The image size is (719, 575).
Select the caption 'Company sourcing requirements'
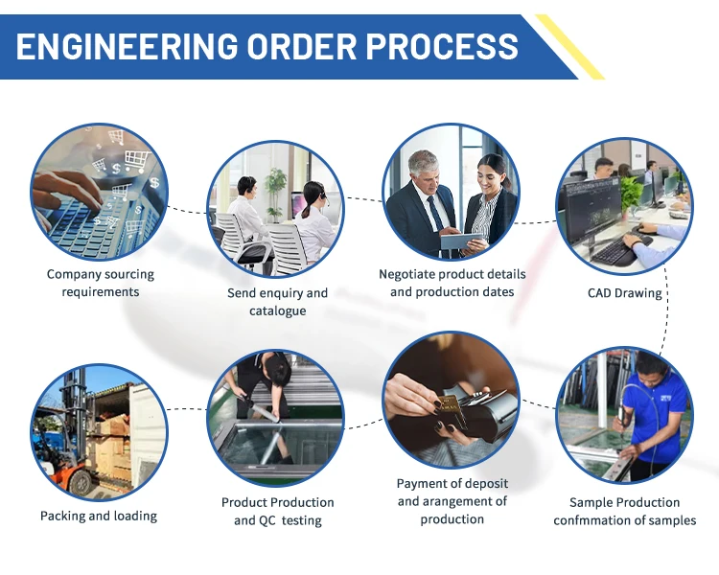(101, 283)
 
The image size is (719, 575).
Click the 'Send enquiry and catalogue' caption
(277, 302)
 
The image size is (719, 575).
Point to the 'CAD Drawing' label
(624, 293)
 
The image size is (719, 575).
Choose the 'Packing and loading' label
(99, 516)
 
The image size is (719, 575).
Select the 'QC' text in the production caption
(267, 520)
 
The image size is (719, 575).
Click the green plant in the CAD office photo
(630, 192)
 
